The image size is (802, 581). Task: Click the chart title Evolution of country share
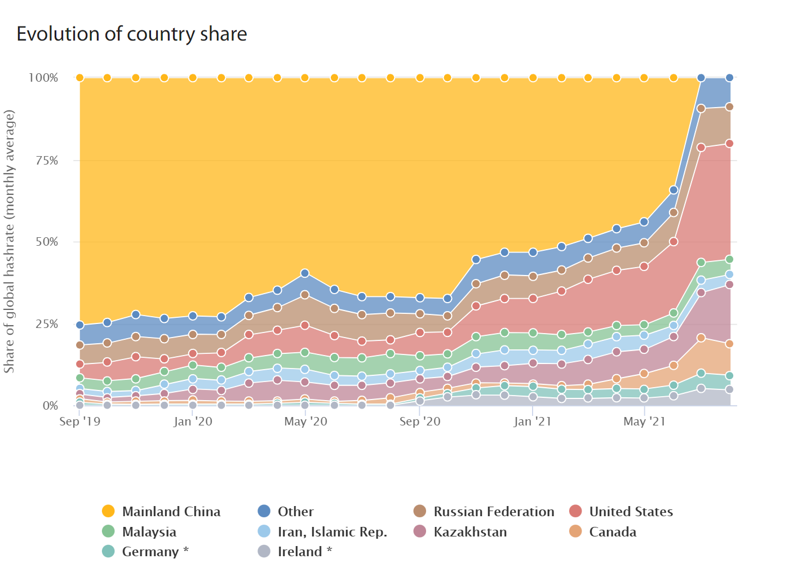(131, 34)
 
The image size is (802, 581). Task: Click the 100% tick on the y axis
(43, 78)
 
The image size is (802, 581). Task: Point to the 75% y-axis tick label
(46, 161)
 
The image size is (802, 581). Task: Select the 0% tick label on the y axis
(50, 406)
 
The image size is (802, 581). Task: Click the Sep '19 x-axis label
(79, 422)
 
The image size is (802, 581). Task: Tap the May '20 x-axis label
(305, 422)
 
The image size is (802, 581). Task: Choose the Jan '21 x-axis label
(533, 422)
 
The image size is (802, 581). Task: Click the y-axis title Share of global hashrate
(9, 241)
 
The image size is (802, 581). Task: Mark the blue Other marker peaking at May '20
(305, 273)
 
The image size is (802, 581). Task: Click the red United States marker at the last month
(729, 144)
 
